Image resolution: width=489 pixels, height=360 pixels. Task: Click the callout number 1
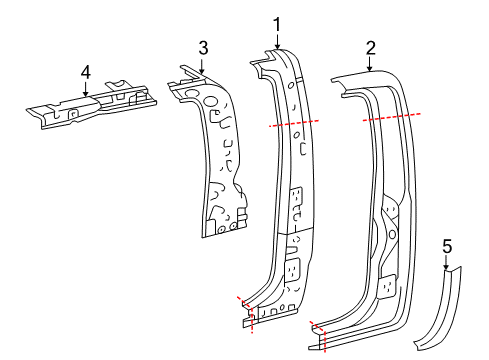278,22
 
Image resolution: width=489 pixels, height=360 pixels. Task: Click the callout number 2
370,48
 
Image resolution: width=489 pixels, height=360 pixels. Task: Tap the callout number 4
85,72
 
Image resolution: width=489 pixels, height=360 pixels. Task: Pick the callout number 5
447,244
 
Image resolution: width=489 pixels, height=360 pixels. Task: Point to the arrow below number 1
278,40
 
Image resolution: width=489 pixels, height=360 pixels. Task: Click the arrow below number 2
370,65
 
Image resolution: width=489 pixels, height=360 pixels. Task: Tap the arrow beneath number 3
202,64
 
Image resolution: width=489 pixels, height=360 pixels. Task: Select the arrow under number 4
85,89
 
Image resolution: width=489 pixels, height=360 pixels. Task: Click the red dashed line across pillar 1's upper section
293,123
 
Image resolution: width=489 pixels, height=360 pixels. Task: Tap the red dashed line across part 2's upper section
391,117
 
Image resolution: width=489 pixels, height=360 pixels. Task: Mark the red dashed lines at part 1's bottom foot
246,310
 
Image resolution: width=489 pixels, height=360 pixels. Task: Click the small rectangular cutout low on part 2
385,284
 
